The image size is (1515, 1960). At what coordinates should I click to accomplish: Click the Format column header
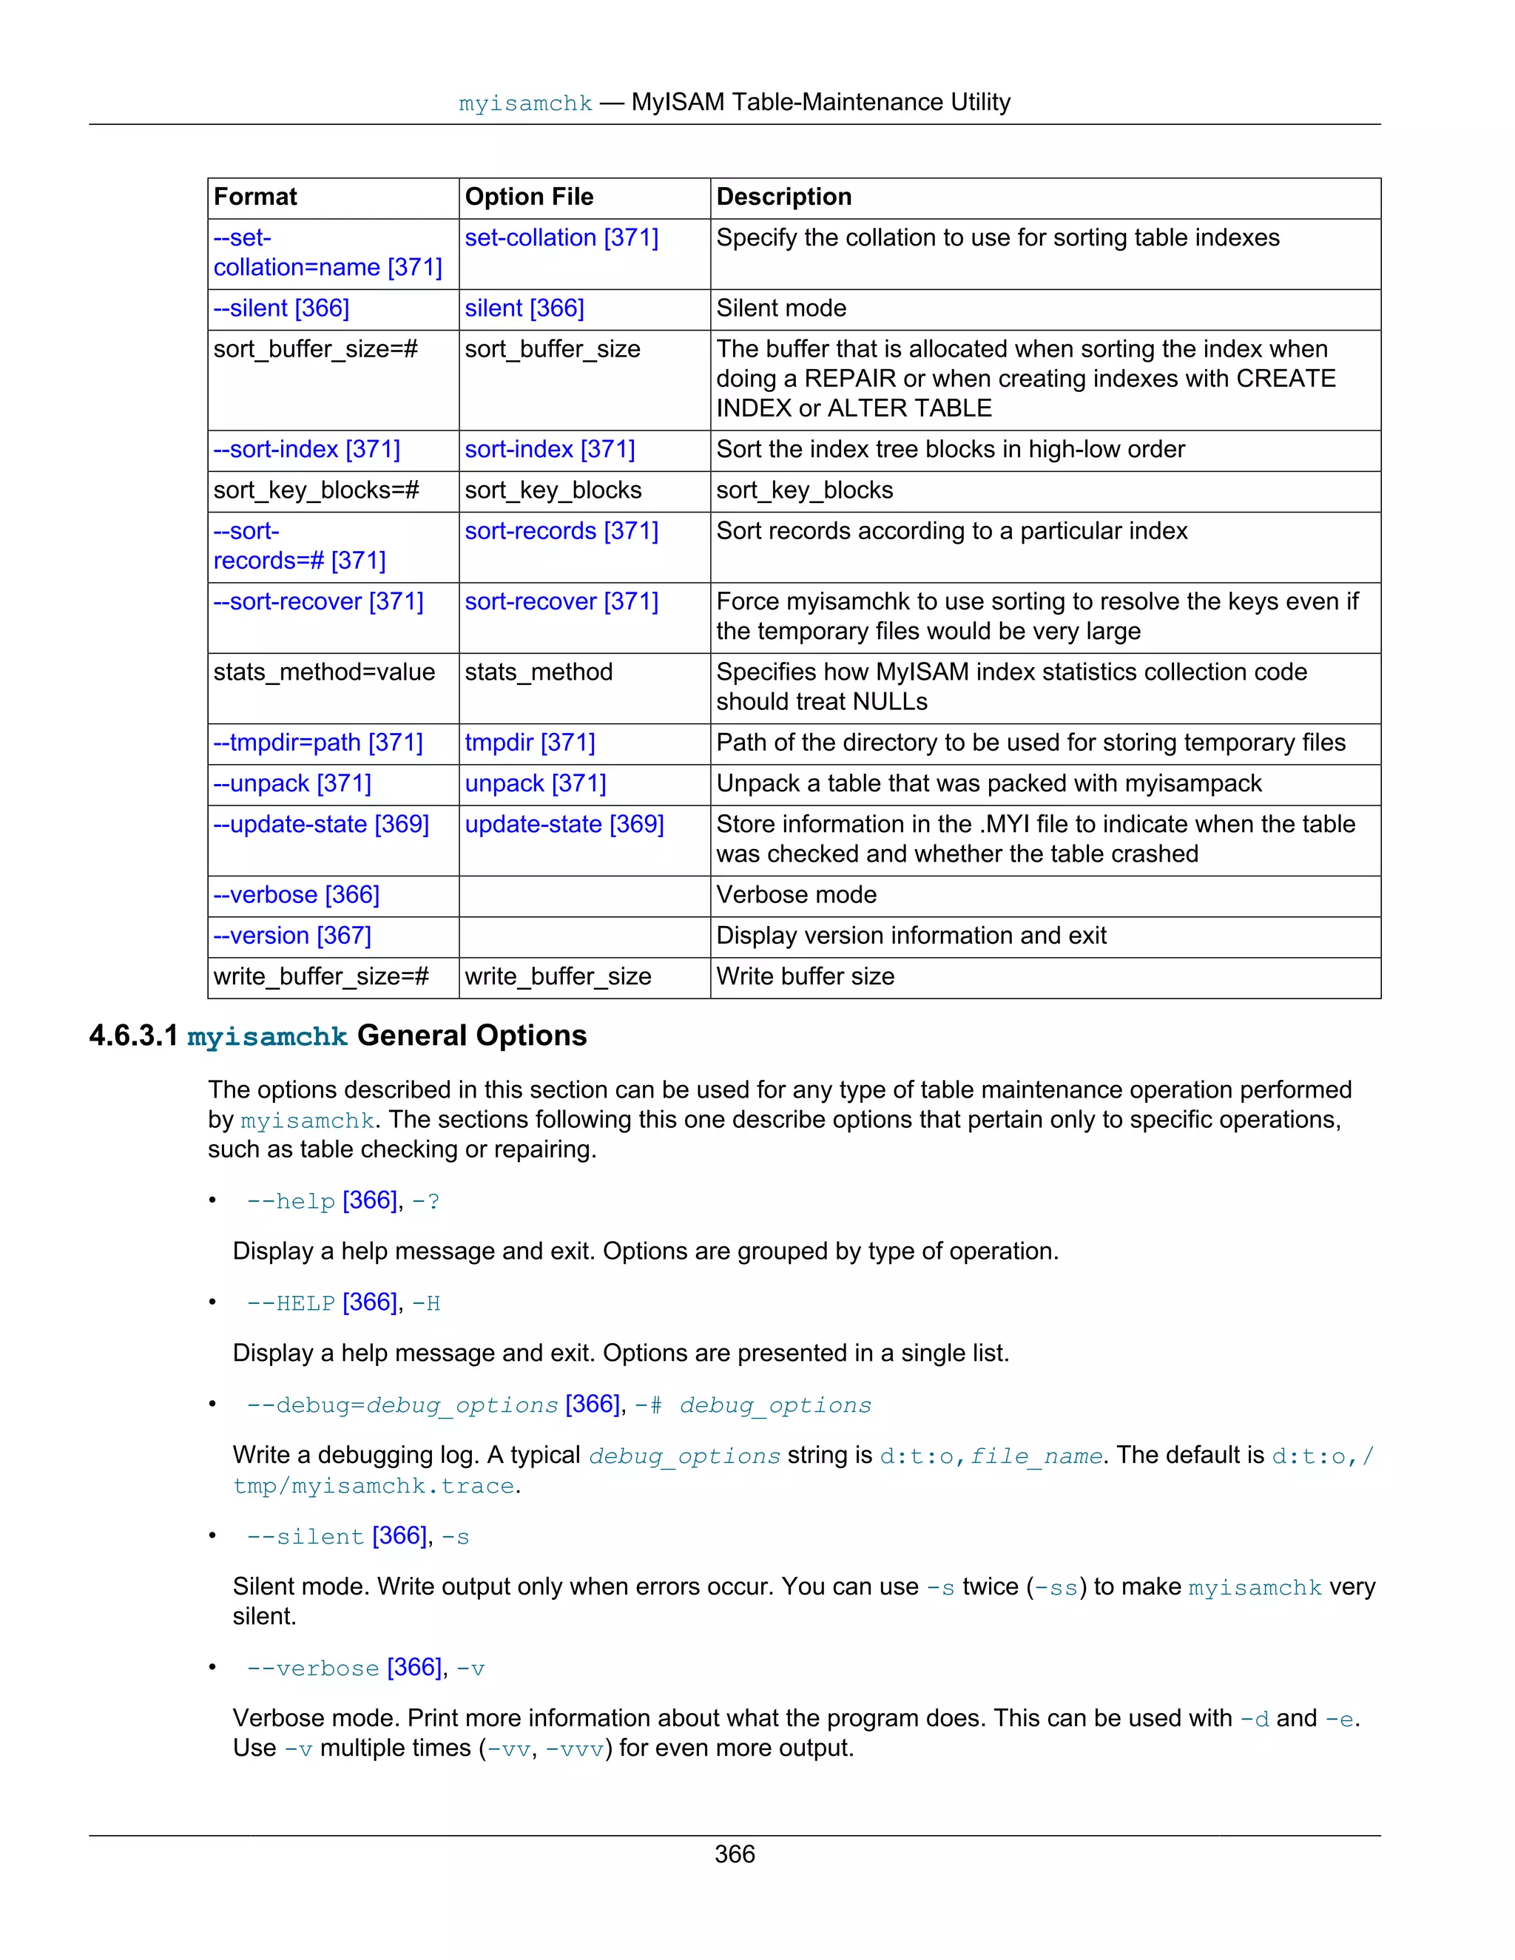coord(255,197)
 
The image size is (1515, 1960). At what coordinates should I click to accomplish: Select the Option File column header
coord(529,197)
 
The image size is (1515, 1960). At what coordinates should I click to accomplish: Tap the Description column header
coord(783,197)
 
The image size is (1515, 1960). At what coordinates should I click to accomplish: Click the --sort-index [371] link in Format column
coord(306,450)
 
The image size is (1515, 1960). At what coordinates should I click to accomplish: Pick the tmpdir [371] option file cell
coord(530,743)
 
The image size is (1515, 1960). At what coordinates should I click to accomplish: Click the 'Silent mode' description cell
coord(781,308)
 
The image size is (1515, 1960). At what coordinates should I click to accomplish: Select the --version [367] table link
coord(291,936)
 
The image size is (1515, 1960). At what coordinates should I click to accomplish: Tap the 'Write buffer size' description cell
coord(805,976)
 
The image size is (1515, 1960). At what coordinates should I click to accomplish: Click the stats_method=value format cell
coord(324,672)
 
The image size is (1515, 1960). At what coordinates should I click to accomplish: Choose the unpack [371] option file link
coord(535,783)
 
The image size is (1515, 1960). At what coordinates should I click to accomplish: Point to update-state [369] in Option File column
coord(564,825)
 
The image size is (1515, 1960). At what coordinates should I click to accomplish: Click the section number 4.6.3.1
coord(134,1036)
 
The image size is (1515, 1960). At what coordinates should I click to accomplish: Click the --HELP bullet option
coord(291,1303)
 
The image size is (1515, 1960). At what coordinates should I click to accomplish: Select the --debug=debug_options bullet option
coord(402,1405)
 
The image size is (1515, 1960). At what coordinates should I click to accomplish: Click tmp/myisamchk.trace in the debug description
coord(374,1486)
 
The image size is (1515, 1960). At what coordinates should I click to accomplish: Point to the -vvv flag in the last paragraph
coord(574,1749)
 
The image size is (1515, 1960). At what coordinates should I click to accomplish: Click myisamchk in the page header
coord(525,104)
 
